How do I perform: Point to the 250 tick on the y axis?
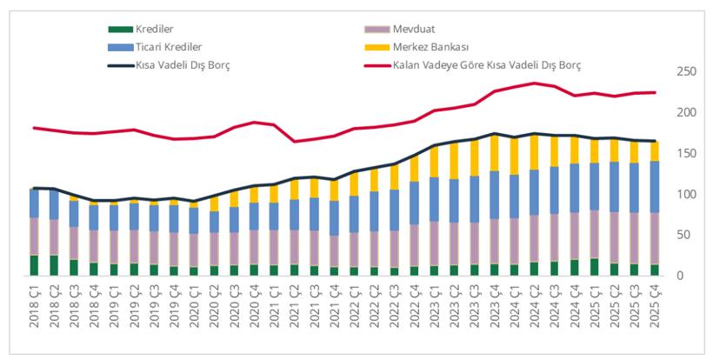[x=686, y=71]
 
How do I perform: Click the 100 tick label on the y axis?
[x=686, y=194]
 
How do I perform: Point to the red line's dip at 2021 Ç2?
[x=294, y=142]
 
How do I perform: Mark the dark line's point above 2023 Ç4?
[x=494, y=134]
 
